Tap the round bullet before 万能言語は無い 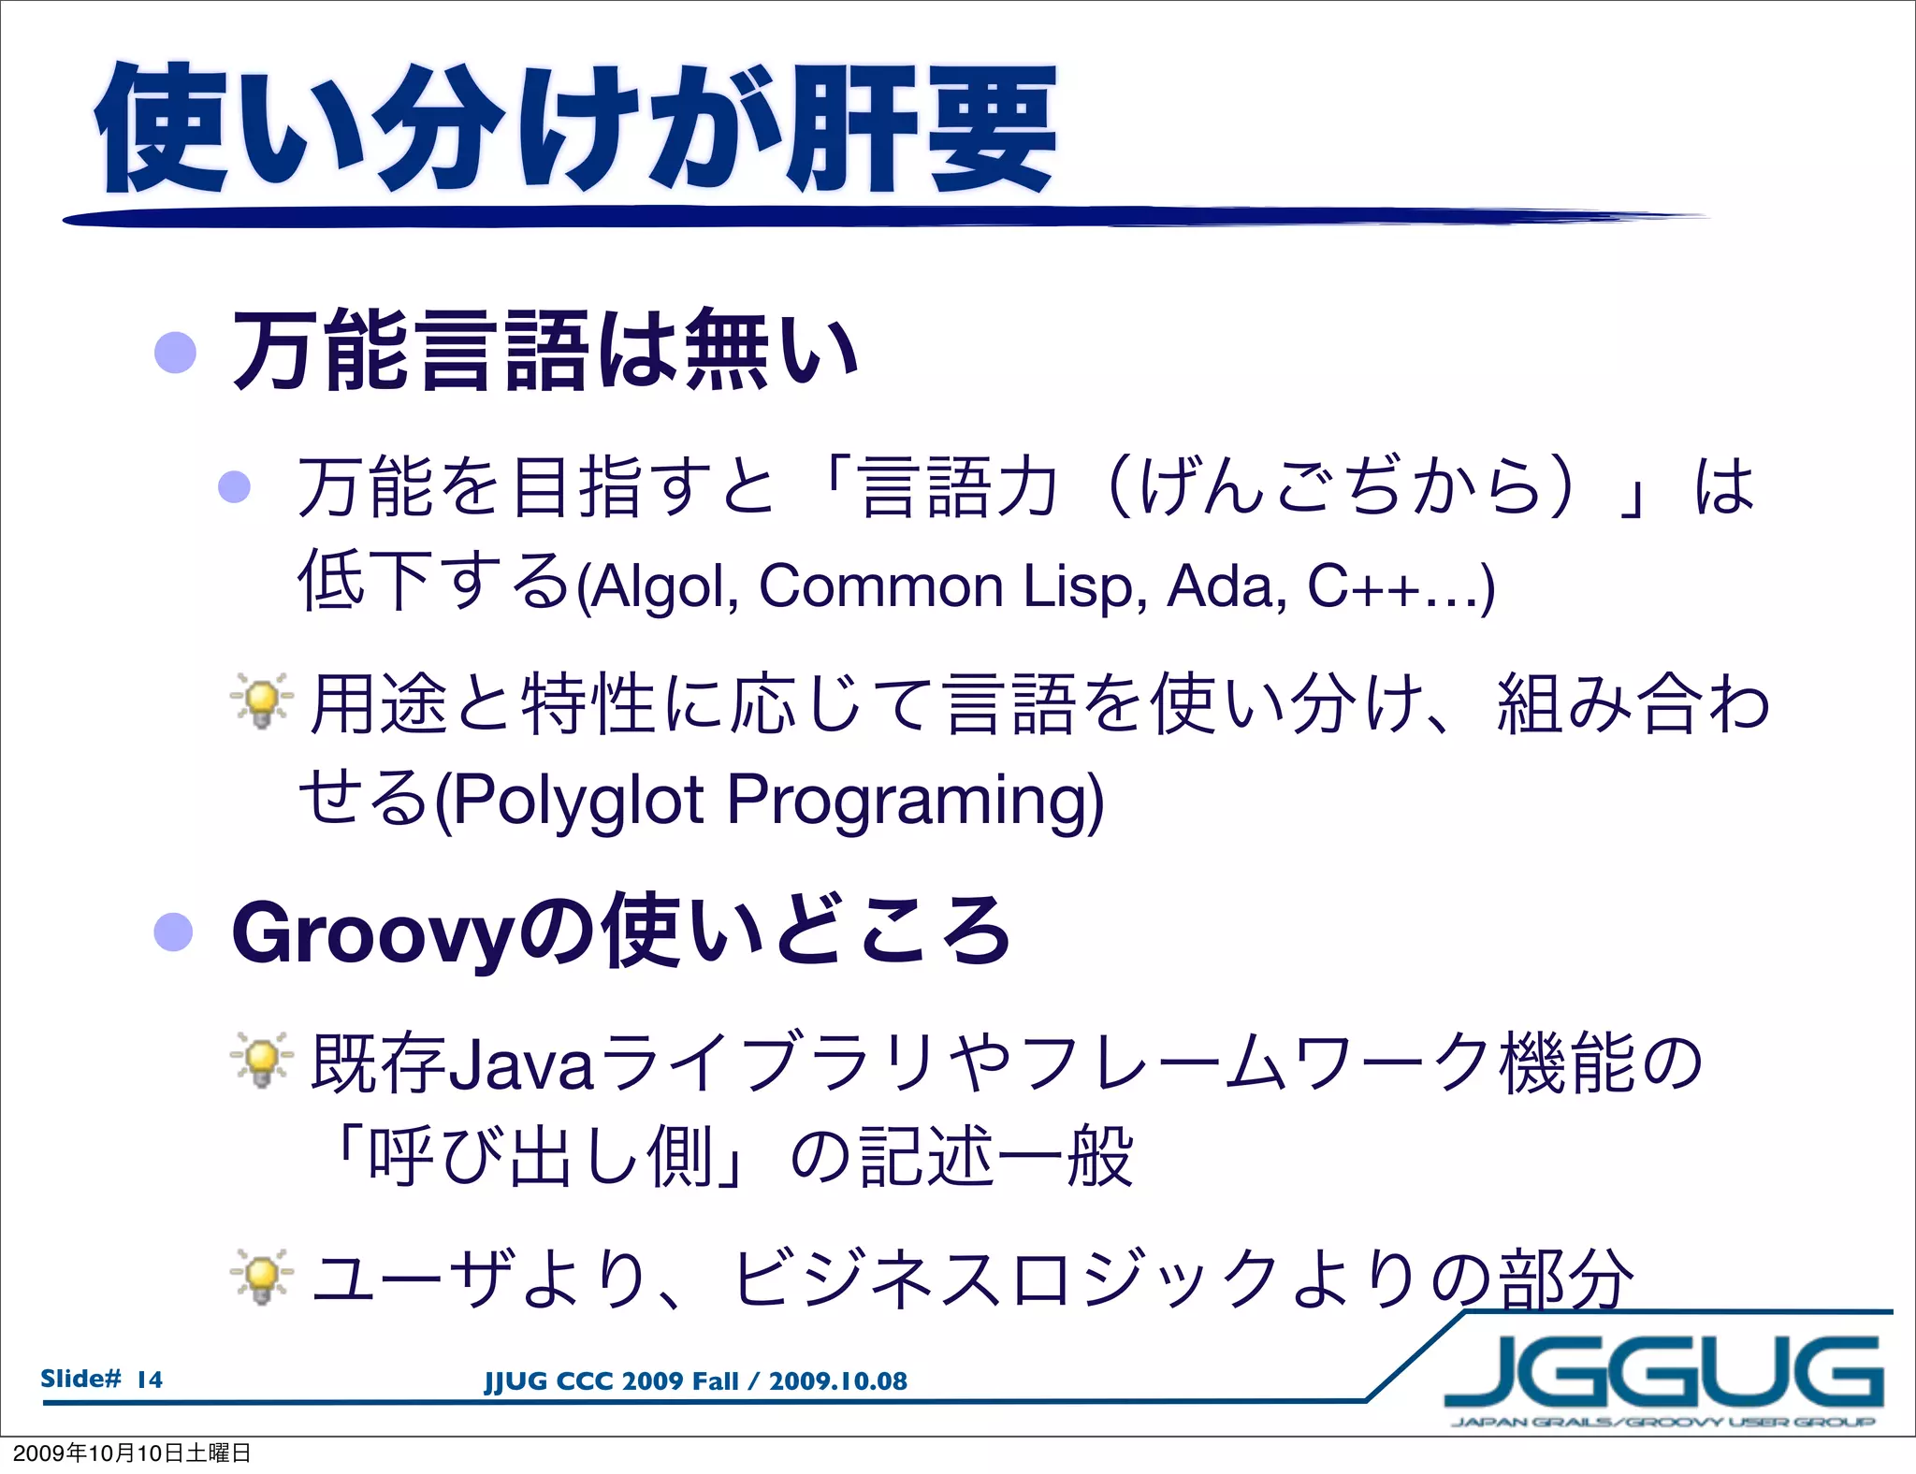(175, 353)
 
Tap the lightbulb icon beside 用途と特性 (262, 701)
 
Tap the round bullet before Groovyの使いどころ (174, 932)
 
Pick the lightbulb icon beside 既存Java (262, 1061)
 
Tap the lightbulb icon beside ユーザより (262, 1277)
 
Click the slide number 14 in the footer (150, 1379)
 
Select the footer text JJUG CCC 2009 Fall (611, 1381)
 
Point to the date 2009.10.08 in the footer (838, 1381)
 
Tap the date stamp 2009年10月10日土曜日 (132, 1452)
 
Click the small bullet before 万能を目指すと (234, 486)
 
